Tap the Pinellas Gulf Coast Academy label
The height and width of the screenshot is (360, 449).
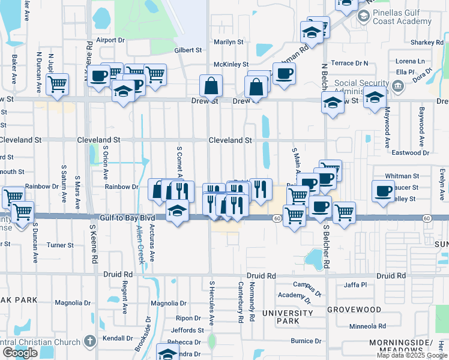pos(401,20)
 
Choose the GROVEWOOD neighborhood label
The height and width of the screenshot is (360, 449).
pos(354,310)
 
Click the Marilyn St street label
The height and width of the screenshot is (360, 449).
pos(229,42)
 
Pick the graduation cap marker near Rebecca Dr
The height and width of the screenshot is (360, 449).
pos(167,353)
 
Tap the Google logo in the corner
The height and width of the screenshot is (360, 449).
pos(20,353)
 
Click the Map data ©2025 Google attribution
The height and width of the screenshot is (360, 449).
pos(412,355)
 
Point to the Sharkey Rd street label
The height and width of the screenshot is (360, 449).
pos(427,42)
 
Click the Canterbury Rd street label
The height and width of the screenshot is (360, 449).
pos(240,302)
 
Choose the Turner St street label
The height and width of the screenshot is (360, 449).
pos(60,245)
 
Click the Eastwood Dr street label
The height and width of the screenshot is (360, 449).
pos(410,153)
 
